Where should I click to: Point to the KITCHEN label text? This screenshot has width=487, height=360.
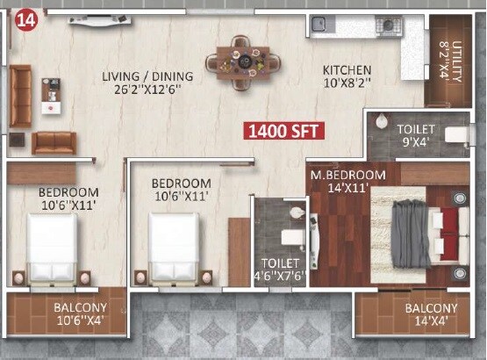pos(347,70)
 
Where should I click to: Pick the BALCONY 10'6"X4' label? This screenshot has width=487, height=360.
pos(81,314)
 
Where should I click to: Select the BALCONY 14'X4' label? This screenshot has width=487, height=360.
pos(431,314)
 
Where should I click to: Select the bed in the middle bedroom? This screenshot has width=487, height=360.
pos(174,249)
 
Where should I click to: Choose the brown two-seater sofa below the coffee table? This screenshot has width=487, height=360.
pos(54,142)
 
